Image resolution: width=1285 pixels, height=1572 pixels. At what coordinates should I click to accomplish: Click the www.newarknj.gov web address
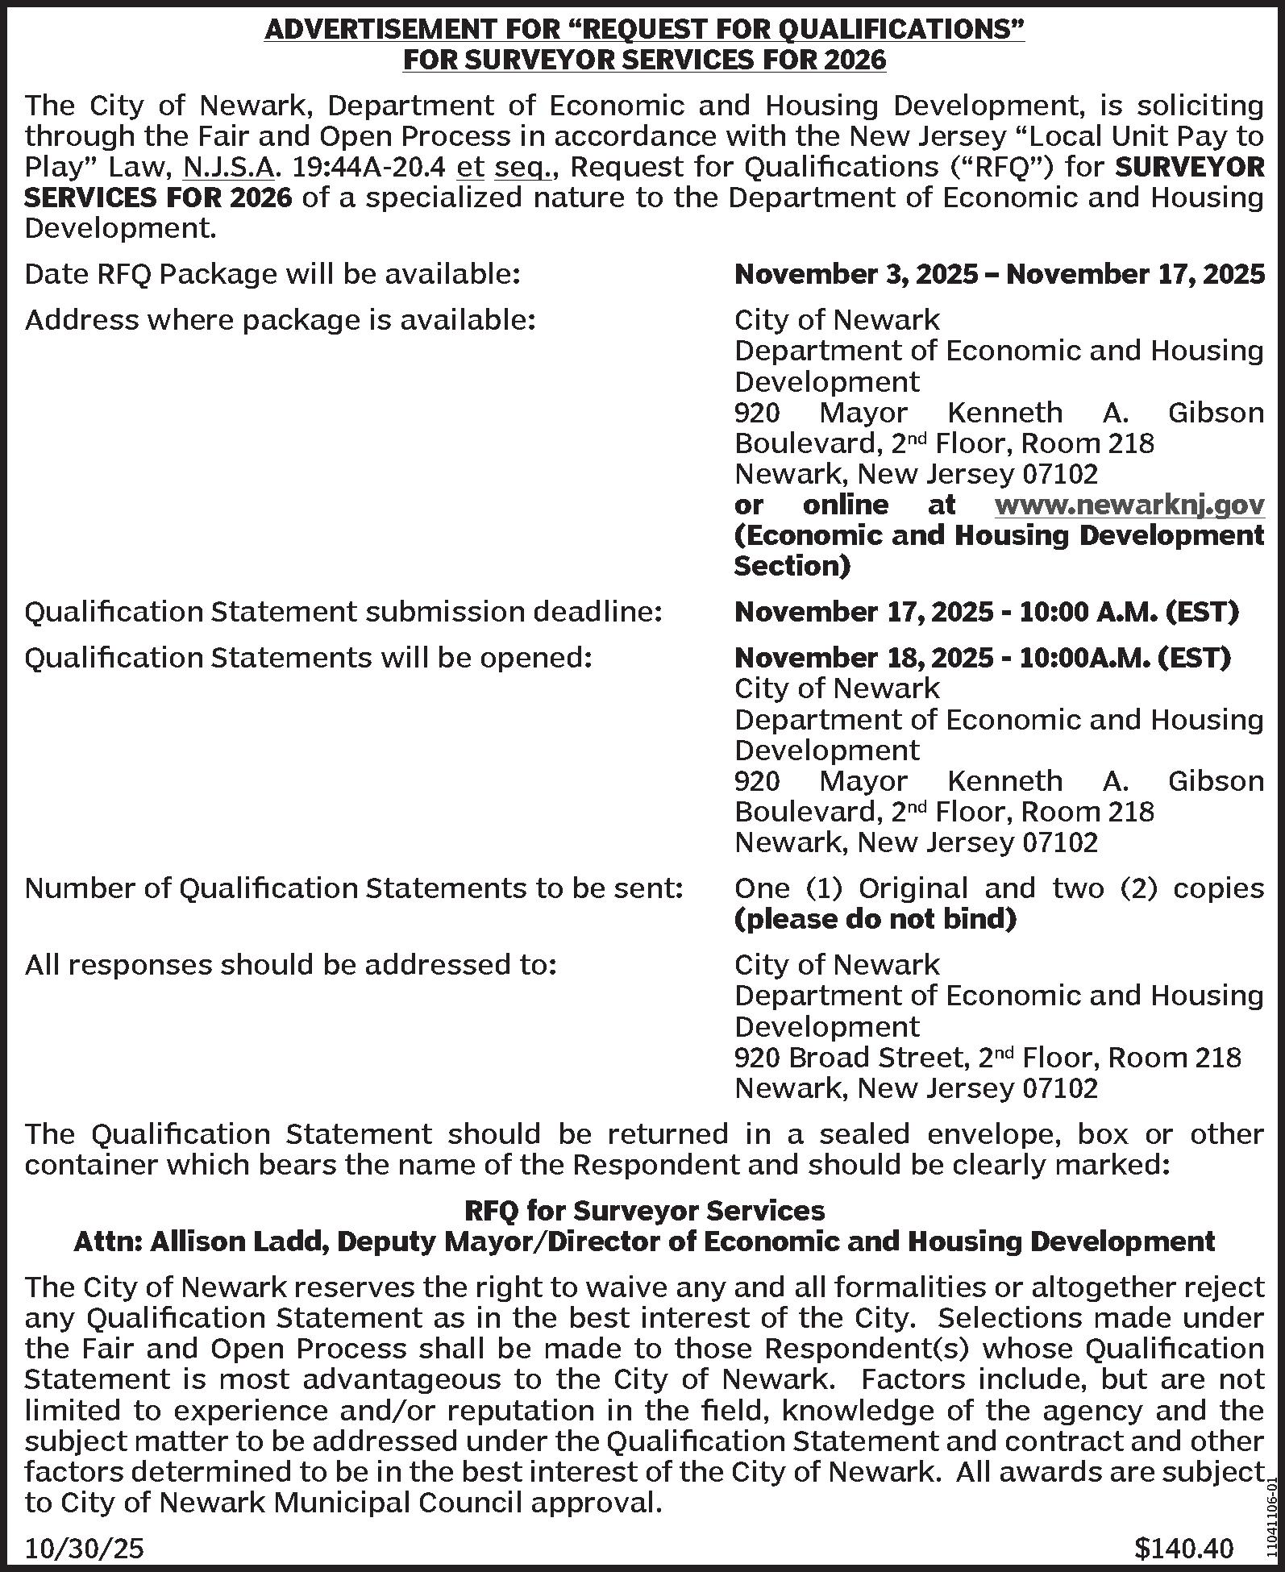click(1129, 505)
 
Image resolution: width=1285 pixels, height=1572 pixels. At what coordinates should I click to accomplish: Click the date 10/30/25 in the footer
click(85, 1548)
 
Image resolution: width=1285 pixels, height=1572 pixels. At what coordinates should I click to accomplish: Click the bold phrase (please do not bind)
click(875, 918)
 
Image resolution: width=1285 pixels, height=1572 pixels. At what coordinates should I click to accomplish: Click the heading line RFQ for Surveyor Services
click(644, 1210)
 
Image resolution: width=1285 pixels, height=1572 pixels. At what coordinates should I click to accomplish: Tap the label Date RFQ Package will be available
click(272, 275)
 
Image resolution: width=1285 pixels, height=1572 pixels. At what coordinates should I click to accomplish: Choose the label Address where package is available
click(280, 321)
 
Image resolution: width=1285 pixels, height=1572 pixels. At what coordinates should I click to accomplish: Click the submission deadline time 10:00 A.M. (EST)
click(1128, 612)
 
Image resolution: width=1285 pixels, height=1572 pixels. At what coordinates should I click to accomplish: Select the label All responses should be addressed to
click(291, 965)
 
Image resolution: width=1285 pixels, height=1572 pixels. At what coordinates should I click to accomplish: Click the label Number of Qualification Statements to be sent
click(354, 888)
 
